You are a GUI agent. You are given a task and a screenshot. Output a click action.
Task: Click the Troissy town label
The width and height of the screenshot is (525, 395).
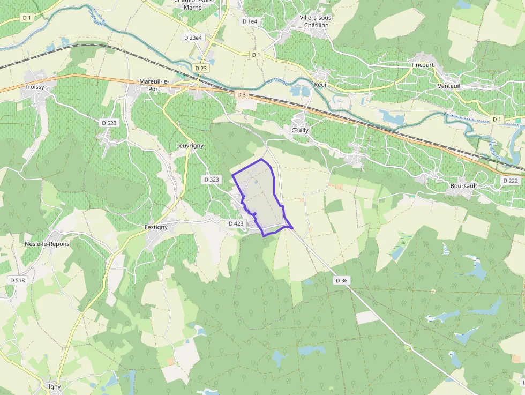tap(34, 87)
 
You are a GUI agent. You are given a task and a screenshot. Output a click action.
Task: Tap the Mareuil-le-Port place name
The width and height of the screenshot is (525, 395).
tap(154, 85)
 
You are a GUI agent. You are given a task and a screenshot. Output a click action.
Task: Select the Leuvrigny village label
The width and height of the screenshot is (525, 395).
tap(190, 146)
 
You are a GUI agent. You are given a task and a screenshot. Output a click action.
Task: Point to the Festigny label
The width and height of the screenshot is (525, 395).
tap(156, 227)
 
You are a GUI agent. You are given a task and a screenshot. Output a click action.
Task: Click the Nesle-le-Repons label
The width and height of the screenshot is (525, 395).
tap(47, 244)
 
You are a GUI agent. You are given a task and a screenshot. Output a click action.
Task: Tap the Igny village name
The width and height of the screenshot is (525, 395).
tap(51, 386)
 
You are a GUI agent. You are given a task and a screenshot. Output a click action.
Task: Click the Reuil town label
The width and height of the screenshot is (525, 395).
tap(321, 85)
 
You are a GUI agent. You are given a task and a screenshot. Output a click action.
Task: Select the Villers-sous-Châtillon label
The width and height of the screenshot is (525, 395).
tap(317, 21)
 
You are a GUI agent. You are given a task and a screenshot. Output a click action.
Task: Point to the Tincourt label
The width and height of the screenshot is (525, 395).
tap(422, 65)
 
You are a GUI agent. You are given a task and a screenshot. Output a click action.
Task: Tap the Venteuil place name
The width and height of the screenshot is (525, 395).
tap(449, 86)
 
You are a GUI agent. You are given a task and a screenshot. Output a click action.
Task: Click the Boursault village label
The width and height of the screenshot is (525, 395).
tap(463, 186)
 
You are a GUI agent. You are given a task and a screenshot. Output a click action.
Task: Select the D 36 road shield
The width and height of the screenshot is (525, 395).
tap(342, 280)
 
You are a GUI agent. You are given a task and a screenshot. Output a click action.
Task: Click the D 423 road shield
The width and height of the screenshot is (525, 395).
tap(236, 223)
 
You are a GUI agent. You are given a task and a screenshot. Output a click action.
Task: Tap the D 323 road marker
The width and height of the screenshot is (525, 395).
tap(212, 180)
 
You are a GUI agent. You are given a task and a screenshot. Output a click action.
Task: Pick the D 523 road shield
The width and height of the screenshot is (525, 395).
tap(109, 123)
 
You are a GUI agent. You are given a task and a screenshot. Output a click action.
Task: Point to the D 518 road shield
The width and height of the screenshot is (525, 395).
tap(17, 280)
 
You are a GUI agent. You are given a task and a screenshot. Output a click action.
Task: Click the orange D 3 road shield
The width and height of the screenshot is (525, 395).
tap(242, 95)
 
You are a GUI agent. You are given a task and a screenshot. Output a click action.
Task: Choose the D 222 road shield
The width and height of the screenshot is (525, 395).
tap(511, 181)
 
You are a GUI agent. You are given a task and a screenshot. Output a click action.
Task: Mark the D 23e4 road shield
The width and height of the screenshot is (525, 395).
tap(193, 38)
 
